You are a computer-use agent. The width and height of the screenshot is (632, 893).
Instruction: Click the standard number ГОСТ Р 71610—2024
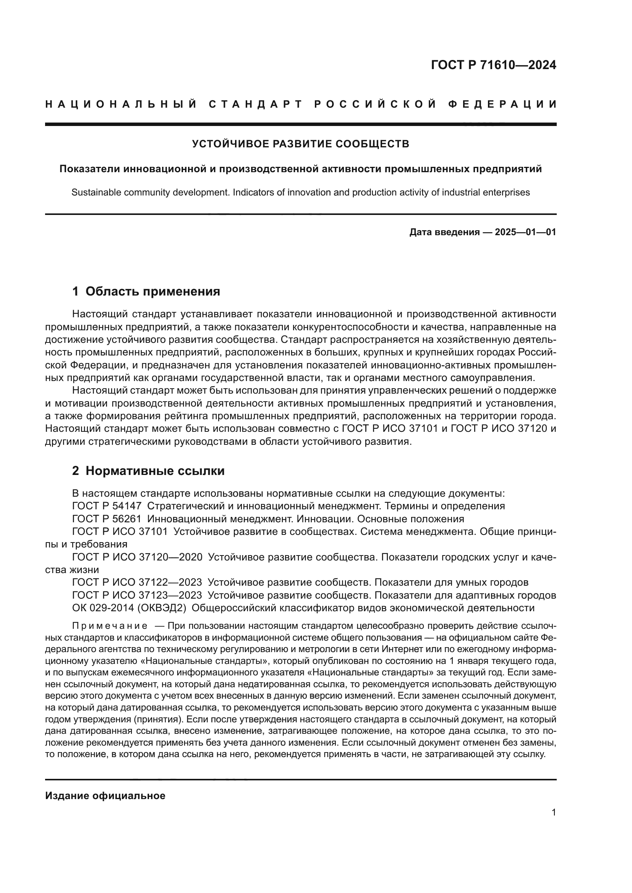point(493,65)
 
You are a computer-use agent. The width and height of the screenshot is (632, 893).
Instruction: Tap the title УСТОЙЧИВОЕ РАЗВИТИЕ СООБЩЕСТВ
point(300,144)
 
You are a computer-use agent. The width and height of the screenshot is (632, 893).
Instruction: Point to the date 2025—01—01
point(525,232)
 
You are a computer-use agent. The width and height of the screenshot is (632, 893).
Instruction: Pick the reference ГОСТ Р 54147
point(107,506)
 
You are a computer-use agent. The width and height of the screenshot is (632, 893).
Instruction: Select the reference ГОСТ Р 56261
point(107,519)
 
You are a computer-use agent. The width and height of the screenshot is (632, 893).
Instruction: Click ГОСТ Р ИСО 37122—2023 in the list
point(137,582)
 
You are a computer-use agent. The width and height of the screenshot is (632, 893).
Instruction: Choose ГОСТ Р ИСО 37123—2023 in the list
point(137,595)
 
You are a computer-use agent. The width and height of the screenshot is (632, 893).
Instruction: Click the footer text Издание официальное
point(105,796)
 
